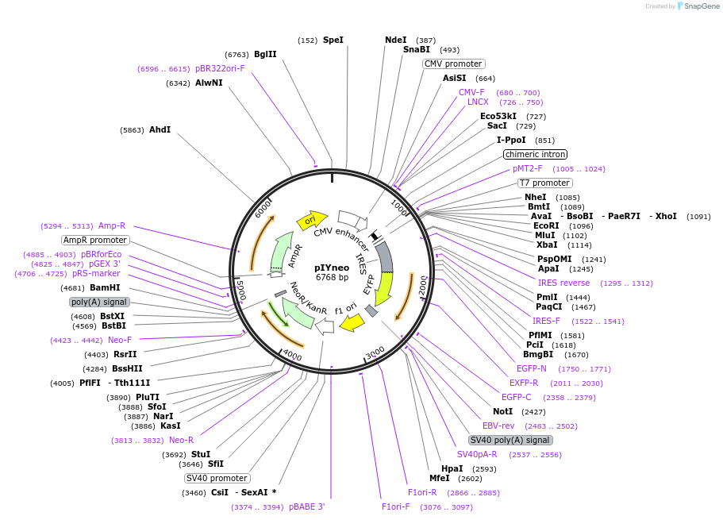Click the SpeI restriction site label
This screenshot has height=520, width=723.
click(x=333, y=40)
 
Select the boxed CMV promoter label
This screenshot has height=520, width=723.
click(x=453, y=64)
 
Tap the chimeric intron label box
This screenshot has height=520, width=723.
click(x=536, y=154)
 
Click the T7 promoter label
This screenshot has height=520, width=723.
click(x=545, y=183)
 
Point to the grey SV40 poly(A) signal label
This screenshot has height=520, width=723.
click(x=510, y=440)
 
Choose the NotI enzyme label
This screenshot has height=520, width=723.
click(x=502, y=411)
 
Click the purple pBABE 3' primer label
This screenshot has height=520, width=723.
click(x=306, y=507)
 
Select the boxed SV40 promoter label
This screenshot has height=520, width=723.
click(x=217, y=478)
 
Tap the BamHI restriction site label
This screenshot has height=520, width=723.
click(x=105, y=287)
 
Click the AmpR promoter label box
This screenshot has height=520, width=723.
click(x=95, y=240)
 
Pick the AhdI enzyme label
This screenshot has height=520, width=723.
click(x=160, y=129)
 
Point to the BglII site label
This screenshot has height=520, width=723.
click(x=265, y=54)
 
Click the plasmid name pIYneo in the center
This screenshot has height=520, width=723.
click(x=332, y=268)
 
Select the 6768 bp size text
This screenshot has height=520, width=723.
click(x=332, y=278)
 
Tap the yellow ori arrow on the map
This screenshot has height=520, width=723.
click(x=312, y=219)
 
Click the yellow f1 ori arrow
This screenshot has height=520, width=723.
click(x=352, y=322)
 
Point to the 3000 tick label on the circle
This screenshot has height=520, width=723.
click(x=375, y=352)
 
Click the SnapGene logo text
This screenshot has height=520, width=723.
click(x=698, y=6)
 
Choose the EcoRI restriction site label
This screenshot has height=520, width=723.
click(x=547, y=225)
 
